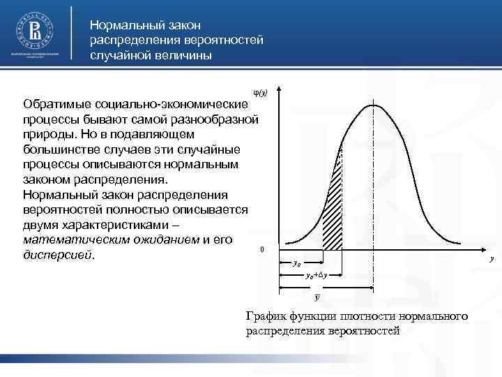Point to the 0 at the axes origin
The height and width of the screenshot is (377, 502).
pyautogui.click(x=261, y=250)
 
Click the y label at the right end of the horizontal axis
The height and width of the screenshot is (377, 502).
pyautogui.click(x=491, y=259)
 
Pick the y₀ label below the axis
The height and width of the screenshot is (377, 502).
pyautogui.click(x=296, y=264)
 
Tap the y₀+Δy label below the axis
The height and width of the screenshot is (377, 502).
pyautogui.click(x=316, y=275)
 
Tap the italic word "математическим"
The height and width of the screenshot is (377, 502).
pyautogui.click(x=78, y=240)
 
